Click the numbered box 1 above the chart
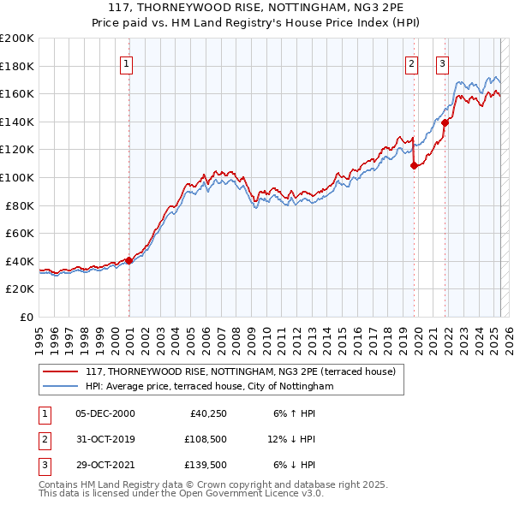pos(126,62)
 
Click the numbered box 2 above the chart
pos(412,62)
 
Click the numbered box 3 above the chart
pos(442,62)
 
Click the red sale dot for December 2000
pos(128,260)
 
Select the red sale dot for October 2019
pos(414,165)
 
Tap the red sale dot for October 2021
pos(445,122)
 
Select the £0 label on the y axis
pos(27,317)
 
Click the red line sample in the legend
pos(59,372)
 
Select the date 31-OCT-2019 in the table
pos(105,439)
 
